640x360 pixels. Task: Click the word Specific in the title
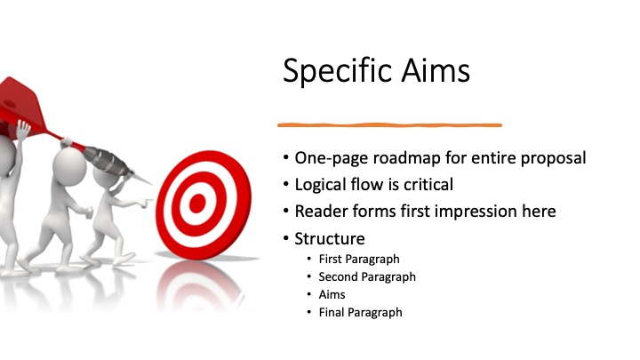coord(338,71)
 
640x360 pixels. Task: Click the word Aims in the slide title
coord(436,70)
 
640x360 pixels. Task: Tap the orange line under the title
coord(390,125)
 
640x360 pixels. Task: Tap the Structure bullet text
coord(330,239)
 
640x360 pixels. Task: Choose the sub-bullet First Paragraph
coord(359,260)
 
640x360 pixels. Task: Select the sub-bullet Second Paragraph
coord(367,277)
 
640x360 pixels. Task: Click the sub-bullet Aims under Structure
coord(332,294)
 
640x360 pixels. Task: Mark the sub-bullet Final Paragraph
coord(360,313)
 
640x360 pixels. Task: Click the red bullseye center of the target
coord(197,204)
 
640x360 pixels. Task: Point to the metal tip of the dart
coord(142,178)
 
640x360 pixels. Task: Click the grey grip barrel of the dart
coord(107,159)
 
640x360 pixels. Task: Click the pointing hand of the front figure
coord(144,201)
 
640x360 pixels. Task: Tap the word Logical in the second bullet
coord(321,185)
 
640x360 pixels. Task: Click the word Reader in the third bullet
coord(321,212)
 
